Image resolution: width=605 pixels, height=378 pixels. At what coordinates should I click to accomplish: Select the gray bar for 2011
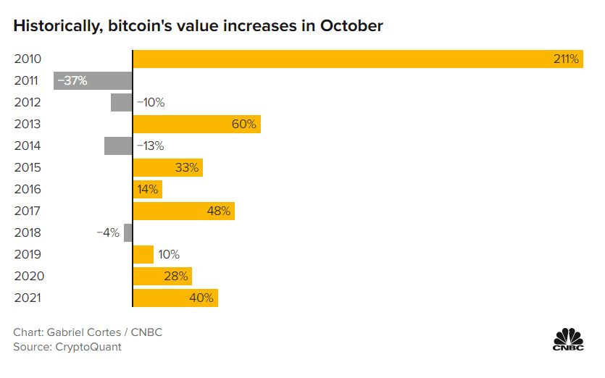[93, 80]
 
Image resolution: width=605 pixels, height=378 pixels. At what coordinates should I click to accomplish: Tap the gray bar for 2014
[118, 146]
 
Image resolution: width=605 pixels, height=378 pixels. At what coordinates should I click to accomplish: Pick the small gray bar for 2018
[128, 232]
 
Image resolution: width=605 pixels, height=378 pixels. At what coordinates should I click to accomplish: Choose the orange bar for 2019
[143, 254]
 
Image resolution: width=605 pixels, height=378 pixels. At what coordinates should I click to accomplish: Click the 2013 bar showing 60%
[196, 124]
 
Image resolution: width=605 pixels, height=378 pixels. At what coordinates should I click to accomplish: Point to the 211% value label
[566, 59]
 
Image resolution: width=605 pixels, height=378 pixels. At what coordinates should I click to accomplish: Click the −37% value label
[72, 81]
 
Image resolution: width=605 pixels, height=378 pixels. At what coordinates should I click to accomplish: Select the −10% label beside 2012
[151, 103]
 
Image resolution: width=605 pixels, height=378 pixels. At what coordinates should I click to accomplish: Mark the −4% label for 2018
[108, 233]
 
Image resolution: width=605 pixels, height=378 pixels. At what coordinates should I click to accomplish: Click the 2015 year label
[28, 168]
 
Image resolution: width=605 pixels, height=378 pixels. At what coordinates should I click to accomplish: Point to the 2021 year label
[28, 298]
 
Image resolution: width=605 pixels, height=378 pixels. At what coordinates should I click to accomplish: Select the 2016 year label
[28, 190]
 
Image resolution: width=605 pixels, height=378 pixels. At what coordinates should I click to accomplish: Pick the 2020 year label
[28, 277]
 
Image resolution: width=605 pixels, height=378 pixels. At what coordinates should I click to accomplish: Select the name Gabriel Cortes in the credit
[84, 332]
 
